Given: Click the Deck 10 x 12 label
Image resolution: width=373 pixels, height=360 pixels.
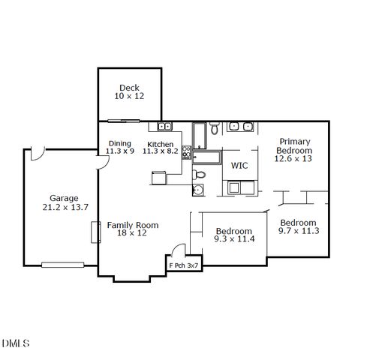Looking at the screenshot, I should [129, 92].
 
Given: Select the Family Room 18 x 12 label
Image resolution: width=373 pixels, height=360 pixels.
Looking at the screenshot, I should [132, 229].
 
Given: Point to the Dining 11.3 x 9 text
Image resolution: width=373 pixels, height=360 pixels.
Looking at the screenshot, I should [120, 147].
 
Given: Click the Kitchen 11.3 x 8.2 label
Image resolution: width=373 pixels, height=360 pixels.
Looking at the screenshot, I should [161, 147].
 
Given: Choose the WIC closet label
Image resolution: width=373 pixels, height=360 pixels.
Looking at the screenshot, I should [239, 166].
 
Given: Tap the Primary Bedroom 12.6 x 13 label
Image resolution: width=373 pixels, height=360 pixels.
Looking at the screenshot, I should [293, 149].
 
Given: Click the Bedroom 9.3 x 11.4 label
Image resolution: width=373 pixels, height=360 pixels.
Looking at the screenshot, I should [234, 235].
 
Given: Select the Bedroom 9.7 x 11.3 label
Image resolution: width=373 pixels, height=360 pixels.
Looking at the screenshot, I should [298, 226].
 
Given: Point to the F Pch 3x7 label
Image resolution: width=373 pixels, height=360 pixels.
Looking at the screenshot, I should [183, 265].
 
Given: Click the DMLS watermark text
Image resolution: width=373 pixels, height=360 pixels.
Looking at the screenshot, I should [16, 343].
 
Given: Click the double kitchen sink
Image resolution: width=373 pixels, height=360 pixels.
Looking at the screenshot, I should [164, 126].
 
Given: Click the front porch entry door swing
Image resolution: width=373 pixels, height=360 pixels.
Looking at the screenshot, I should [177, 250].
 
